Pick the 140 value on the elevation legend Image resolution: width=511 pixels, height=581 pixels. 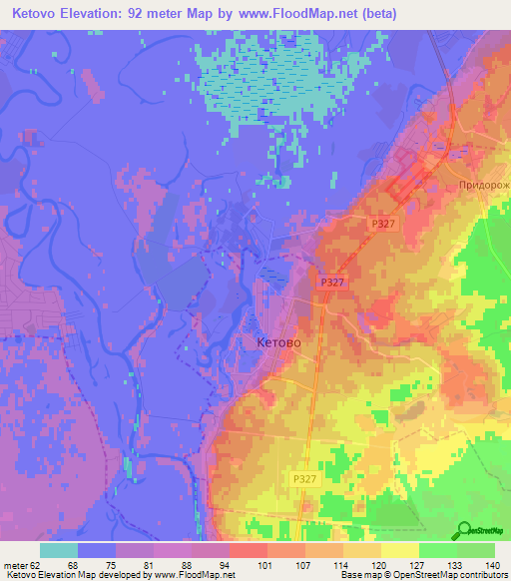click(492, 564)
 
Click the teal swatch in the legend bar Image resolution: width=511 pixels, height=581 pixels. click(59, 550)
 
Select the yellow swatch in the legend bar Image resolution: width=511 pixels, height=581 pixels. click(399, 550)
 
